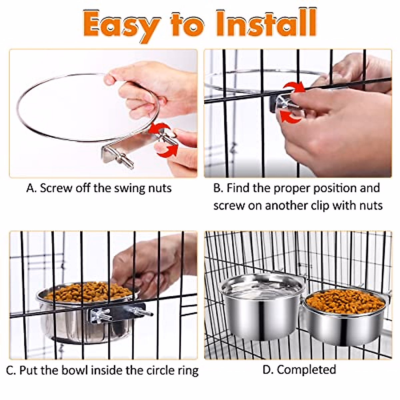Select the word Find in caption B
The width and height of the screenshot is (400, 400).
(x=238, y=188)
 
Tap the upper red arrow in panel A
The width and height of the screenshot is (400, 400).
(x=159, y=129)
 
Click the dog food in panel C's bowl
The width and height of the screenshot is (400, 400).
(x=88, y=292)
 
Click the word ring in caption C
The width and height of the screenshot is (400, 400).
(x=188, y=370)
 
